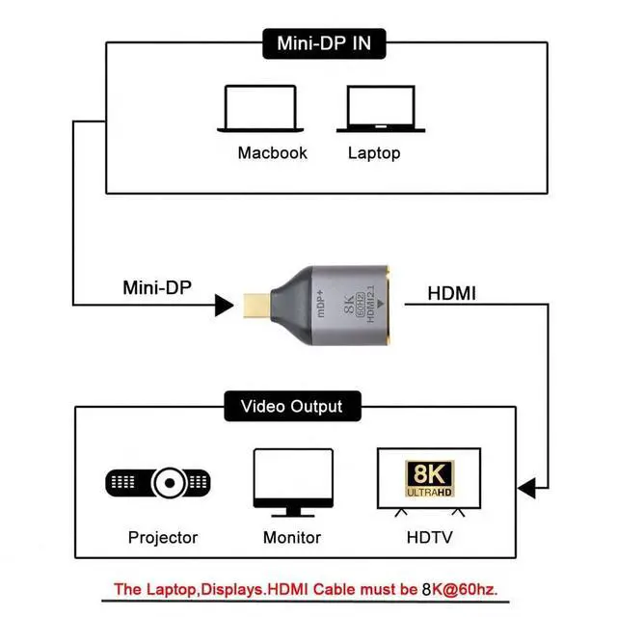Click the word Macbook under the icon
coord(272,152)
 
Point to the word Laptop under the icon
coord(374,152)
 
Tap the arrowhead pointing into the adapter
coord(224,307)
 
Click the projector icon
coord(159,481)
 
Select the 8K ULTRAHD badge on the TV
coord(429,478)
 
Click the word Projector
coord(162,537)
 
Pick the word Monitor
coord(292,537)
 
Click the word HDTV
coord(426,537)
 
